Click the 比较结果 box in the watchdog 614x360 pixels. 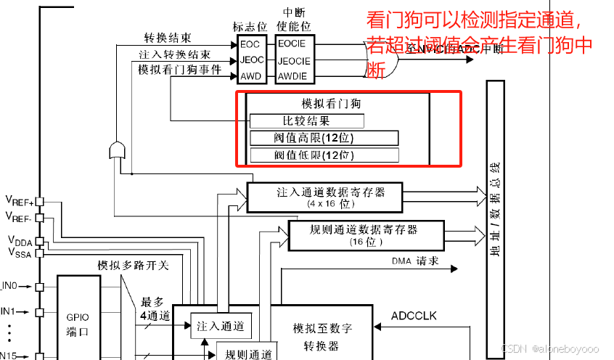[306, 121]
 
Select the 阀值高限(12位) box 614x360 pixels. [324, 138]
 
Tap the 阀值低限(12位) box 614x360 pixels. [324, 155]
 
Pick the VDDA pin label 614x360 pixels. [20, 240]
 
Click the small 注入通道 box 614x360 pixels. [221, 327]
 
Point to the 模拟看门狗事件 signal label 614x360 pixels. [180, 70]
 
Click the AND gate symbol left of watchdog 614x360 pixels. [116, 150]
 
